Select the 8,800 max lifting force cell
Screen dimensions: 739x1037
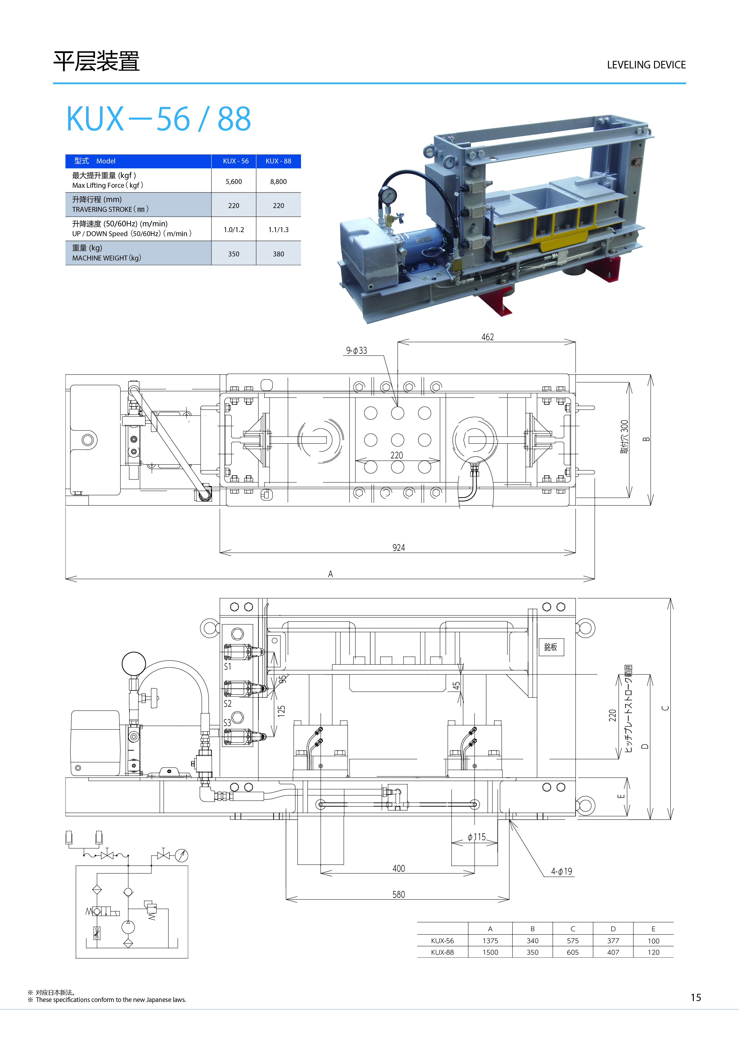coord(278,182)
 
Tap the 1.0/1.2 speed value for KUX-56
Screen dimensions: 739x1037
coord(233,230)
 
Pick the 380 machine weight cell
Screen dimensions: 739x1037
coord(278,254)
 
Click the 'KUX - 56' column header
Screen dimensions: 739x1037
coord(236,161)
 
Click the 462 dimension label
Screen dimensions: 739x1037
coord(487,337)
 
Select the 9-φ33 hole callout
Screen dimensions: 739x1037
coord(356,350)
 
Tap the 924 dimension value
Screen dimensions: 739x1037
coord(399,548)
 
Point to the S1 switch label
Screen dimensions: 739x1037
coord(227,667)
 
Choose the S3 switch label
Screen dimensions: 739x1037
coord(227,723)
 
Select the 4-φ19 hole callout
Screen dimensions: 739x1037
coord(561,871)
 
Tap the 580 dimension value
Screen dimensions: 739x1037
coord(399,894)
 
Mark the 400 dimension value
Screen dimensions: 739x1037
coord(399,869)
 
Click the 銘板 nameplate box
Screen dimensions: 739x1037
coord(551,647)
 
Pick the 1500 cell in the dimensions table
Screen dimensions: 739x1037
coord(490,952)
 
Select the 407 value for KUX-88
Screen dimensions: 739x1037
coord(613,952)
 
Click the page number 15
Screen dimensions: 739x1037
coord(696,997)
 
